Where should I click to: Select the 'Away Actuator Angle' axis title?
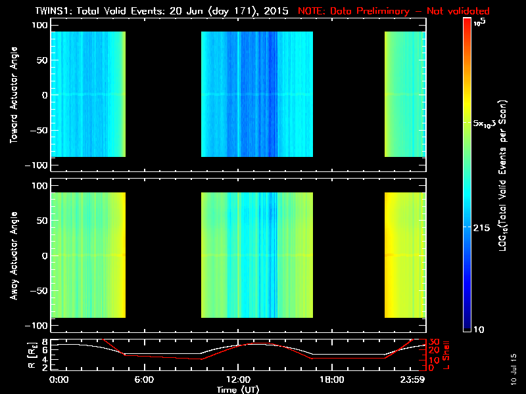click(12, 255)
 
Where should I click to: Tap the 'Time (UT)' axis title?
click(241, 389)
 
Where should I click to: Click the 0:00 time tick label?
click(59, 380)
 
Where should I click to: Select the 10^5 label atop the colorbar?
click(479, 22)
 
